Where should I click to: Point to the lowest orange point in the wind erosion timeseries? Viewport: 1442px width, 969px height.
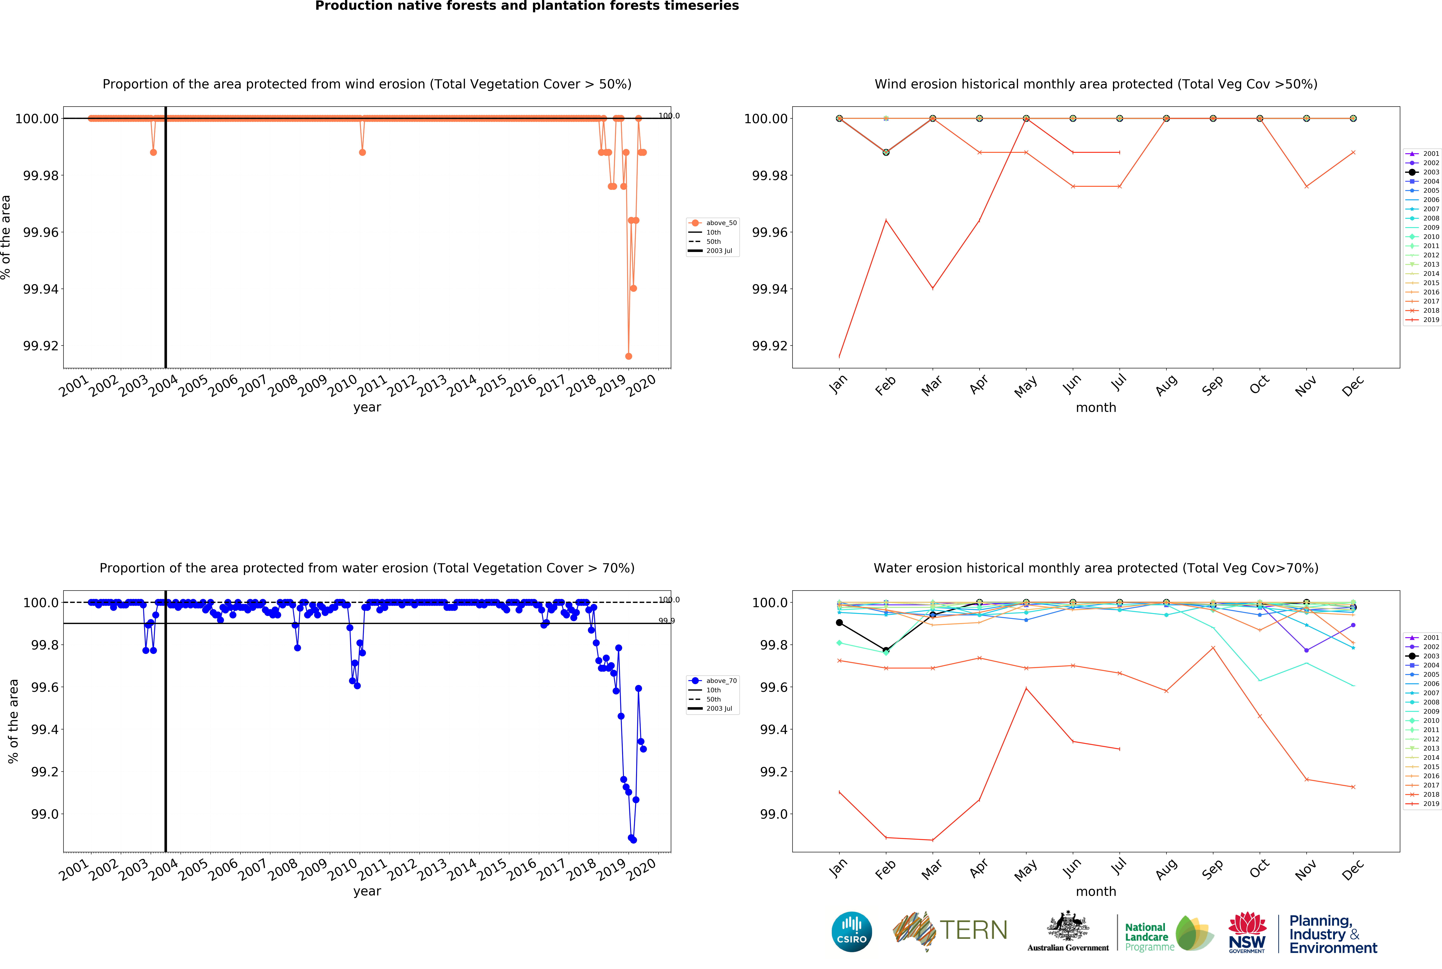628,356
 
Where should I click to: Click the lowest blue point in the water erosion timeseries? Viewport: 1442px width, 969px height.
633,840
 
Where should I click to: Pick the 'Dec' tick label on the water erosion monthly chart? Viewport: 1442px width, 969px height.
1352,870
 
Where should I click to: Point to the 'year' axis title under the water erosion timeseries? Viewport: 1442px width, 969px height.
367,891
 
